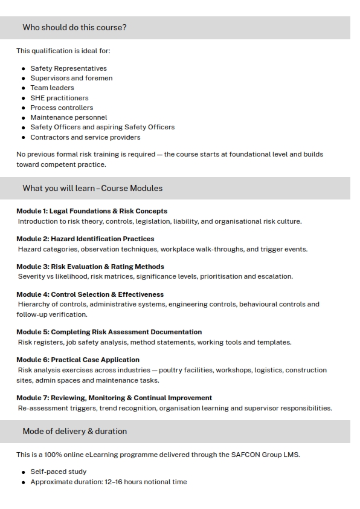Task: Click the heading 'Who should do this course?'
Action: tap(74, 27)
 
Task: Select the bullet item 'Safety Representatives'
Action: tap(68, 68)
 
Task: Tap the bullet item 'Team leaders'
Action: tap(52, 88)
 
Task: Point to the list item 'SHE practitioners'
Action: tap(59, 98)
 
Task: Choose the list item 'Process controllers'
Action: tap(62, 108)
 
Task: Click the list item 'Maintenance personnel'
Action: tap(68, 117)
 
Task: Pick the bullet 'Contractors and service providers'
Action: tap(85, 137)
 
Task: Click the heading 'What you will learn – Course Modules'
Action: tap(92, 188)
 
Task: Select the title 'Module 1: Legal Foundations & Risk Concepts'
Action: tap(92, 211)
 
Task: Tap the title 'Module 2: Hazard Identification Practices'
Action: tap(85, 239)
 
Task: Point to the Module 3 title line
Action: tap(90, 267)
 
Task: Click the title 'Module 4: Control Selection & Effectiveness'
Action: tap(90, 294)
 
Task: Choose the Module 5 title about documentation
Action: tap(109, 332)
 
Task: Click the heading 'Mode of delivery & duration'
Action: tap(74, 432)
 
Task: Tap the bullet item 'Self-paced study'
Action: tap(58, 472)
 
